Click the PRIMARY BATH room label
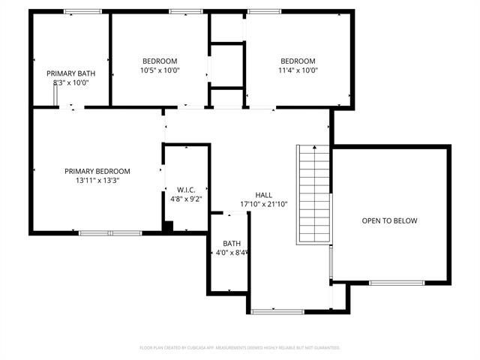(x=70, y=73)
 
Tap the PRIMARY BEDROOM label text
(x=97, y=171)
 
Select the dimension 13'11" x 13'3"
(x=97, y=180)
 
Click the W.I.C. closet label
(x=186, y=189)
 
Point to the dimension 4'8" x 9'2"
(x=186, y=199)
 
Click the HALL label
(x=263, y=194)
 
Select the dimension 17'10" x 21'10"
(x=263, y=204)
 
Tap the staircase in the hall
(x=314, y=193)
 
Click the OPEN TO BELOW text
(x=389, y=220)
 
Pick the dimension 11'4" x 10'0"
(x=298, y=70)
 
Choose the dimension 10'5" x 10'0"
(x=160, y=70)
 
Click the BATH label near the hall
(x=231, y=244)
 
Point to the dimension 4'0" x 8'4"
(x=231, y=253)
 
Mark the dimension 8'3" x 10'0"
(x=70, y=82)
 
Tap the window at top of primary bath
(x=82, y=11)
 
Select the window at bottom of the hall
(x=277, y=311)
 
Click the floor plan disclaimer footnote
(x=240, y=348)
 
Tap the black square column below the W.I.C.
(x=169, y=226)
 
